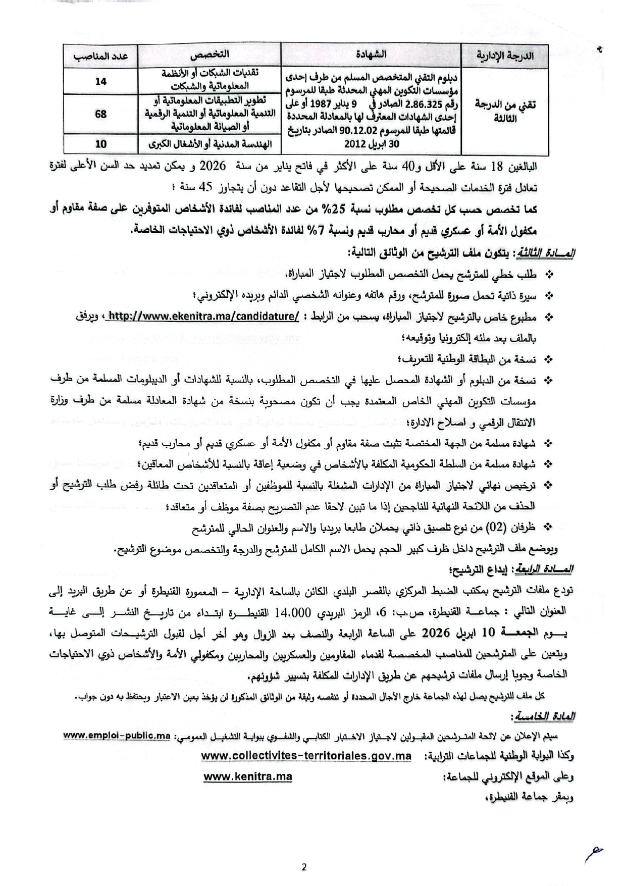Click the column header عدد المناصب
coord(101,55)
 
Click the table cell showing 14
coord(101,81)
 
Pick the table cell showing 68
coord(101,114)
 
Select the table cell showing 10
coord(101,144)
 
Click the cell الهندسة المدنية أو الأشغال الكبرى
coord(209,144)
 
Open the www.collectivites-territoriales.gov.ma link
coord(306,756)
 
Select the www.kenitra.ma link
coord(247,777)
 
